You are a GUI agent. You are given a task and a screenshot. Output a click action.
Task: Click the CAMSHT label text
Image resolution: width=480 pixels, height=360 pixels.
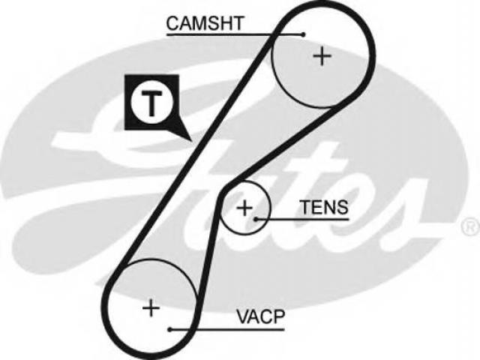[x=205, y=23]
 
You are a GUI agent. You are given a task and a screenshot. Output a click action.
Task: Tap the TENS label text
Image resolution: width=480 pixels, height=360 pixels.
[x=325, y=207]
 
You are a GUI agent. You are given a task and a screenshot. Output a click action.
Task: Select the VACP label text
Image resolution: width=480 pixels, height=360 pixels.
[x=260, y=316]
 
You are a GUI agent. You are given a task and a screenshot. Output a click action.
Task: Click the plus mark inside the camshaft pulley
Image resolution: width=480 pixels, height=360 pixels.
[x=322, y=56]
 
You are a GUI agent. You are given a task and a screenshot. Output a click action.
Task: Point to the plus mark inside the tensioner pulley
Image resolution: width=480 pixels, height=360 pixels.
[x=244, y=208]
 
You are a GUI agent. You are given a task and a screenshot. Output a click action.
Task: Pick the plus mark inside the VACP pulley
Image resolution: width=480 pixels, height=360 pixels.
[x=151, y=307]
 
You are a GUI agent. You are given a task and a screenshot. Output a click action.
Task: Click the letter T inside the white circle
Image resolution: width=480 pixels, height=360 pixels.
[x=151, y=103]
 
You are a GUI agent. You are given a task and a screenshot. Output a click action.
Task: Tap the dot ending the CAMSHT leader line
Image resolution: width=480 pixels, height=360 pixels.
[x=303, y=34]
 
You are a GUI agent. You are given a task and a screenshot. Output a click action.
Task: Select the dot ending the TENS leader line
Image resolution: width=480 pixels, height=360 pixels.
[x=255, y=219]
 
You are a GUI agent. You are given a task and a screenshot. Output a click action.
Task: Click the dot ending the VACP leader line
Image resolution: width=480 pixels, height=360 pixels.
[x=170, y=329]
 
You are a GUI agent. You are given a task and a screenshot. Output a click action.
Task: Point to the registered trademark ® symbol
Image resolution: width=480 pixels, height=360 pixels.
[x=471, y=227]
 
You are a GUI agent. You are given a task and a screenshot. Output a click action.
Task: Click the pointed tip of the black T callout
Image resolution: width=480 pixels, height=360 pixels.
[x=192, y=141]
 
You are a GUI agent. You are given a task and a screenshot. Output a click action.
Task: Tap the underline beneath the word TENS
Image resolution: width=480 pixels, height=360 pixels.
[x=302, y=219]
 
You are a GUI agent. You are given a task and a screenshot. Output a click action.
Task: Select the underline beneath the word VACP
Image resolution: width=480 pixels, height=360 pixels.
[x=227, y=329]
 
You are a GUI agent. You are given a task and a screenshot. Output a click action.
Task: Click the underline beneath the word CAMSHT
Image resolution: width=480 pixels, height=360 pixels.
[x=235, y=34]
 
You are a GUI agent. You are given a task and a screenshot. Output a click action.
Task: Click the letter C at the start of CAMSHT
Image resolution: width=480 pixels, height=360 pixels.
[x=173, y=23]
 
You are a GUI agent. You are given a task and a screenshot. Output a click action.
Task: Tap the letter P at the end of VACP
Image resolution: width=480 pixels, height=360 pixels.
[x=278, y=316]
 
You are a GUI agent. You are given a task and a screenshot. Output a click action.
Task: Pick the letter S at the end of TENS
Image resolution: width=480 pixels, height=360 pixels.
[x=342, y=207]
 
